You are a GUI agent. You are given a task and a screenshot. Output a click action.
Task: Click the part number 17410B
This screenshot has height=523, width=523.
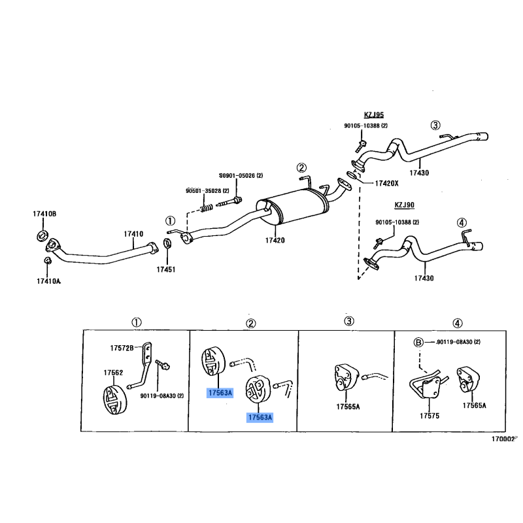pos(44,214)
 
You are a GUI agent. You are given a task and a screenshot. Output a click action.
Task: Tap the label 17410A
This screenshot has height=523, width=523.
pos(48,281)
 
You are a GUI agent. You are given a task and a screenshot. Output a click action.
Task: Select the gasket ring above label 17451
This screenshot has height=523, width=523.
pos(167,243)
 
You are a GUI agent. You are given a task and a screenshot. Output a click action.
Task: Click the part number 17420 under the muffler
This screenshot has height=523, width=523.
pos(275,240)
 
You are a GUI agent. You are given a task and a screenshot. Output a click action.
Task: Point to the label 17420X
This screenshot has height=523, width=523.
pos(386,183)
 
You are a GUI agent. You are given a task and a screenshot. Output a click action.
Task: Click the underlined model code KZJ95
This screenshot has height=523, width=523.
pos(373,115)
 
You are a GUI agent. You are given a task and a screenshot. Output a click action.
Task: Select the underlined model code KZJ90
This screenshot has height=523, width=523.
pos(404,205)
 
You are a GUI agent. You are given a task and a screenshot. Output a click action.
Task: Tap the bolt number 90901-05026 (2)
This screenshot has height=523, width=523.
pos(241,175)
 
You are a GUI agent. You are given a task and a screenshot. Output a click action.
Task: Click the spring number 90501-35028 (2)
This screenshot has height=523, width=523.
pos(207,191)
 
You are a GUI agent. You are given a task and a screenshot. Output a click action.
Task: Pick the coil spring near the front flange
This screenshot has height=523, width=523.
pos(207,208)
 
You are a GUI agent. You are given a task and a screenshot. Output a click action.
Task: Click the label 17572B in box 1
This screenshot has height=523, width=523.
pos(122,348)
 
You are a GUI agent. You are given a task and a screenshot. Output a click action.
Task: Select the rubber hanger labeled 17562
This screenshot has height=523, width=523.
pos(115,399)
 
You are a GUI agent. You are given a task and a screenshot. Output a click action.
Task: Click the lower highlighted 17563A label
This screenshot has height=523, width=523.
pos(260,417)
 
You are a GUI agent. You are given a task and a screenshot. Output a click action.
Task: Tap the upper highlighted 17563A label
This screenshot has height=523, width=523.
pos(220,393)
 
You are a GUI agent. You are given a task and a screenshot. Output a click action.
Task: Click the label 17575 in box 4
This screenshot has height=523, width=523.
pos(430,416)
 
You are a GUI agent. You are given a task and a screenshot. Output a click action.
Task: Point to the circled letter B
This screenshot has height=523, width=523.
pos(418,342)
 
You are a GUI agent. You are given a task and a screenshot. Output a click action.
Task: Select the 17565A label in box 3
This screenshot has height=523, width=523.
pos(348,407)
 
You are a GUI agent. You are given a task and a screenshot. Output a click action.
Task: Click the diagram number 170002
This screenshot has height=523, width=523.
pos(503,439)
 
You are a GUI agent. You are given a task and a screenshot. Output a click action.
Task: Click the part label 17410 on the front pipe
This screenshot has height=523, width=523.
pos(133,234)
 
